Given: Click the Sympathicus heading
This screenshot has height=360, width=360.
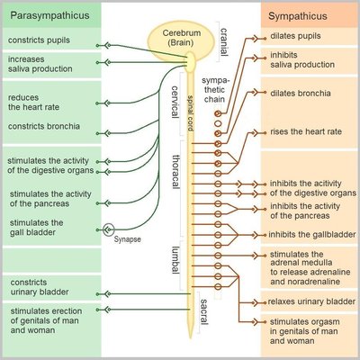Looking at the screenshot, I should (x=305, y=15).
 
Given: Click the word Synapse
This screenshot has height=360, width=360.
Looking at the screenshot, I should (x=129, y=240).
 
